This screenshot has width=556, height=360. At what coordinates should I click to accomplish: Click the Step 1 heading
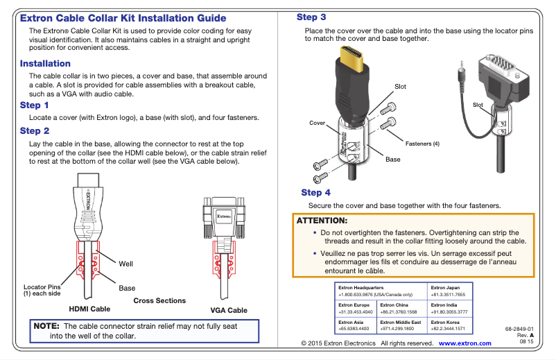coord(35,105)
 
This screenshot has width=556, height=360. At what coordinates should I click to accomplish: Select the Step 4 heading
coord(315,192)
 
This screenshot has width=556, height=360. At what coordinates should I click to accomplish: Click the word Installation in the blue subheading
coord(45,64)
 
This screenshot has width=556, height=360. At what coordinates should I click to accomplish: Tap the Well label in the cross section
coord(125,264)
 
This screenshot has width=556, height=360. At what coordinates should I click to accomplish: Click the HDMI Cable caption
coord(89,309)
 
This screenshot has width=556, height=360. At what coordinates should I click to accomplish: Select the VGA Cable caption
coord(228,311)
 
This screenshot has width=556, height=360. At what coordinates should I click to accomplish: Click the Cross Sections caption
coord(159,300)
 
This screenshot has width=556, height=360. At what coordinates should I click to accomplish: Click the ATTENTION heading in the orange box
coord(322,221)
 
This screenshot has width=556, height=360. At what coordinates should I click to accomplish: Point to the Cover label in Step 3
coord(317,123)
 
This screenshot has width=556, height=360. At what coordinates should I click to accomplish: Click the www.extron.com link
coord(464,343)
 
